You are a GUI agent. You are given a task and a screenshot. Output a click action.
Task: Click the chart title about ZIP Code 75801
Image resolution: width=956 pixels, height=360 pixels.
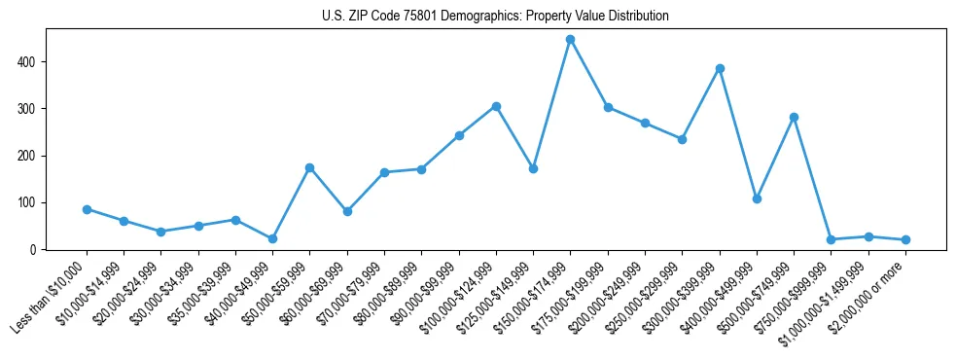click(495, 17)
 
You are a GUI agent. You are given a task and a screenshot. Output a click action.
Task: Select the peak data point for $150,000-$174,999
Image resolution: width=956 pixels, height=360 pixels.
click(571, 40)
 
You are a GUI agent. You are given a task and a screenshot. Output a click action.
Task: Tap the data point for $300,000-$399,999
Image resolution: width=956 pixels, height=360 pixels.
click(720, 69)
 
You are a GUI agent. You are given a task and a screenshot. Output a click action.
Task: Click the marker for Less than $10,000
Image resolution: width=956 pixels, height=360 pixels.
click(87, 209)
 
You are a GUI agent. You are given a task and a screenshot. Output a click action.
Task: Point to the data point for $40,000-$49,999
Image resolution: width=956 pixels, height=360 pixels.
click(272, 238)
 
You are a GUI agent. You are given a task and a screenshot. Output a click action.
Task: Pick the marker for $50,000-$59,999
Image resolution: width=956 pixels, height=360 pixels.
click(309, 167)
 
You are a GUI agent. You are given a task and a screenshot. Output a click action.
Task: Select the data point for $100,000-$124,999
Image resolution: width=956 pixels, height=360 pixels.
click(496, 106)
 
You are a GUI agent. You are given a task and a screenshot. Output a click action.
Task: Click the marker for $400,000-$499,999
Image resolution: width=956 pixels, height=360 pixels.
click(757, 198)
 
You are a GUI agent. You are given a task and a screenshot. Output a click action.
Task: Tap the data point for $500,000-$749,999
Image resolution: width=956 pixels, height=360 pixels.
click(794, 117)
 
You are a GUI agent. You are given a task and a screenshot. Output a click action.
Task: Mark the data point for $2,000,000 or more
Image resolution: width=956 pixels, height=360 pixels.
click(905, 239)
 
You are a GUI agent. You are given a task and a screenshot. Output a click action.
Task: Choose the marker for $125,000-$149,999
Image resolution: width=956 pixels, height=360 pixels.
click(533, 168)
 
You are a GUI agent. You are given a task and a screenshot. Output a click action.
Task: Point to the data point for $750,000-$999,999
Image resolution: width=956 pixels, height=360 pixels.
click(831, 239)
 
